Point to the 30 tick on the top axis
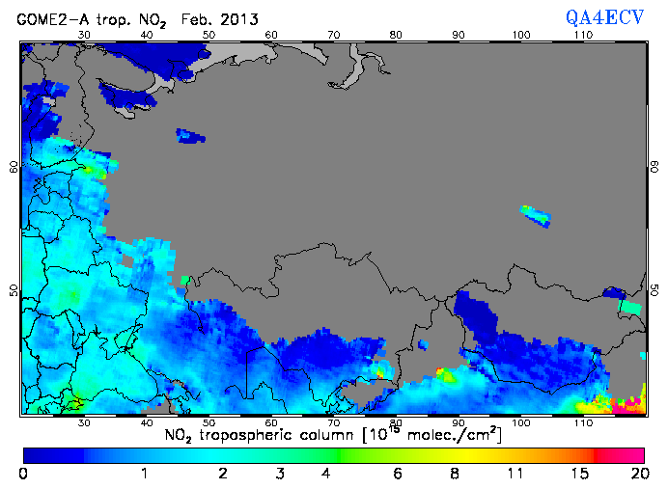point(83,35)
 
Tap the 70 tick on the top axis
point(334,35)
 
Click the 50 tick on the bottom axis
point(209,422)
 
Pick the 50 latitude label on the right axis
point(654,290)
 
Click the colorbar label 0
point(23,474)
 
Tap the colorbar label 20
point(636,474)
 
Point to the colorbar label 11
point(515,474)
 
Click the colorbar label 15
point(576,474)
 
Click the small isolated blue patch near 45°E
point(191,136)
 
